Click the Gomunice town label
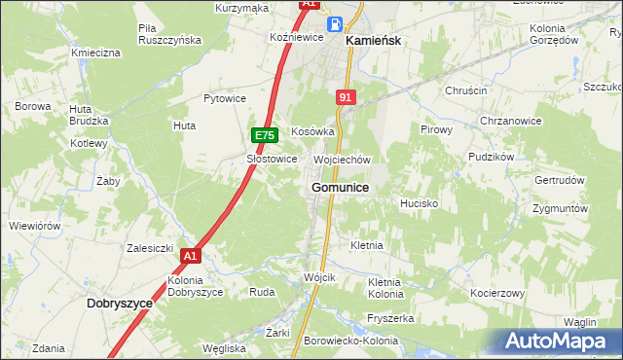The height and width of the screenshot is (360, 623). pyautogui.click(x=340, y=187)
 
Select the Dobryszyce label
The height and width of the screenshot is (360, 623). pyautogui.click(x=120, y=304)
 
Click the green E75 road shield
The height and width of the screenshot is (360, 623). pyautogui.click(x=265, y=135)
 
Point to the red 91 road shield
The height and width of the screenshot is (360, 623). pyautogui.click(x=347, y=97)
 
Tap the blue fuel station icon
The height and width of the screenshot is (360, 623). pyautogui.click(x=334, y=24)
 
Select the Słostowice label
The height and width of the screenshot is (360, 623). pyautogui.click(x=272, y=159)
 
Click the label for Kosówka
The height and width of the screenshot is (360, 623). pyautogui.click(x=313, y=131)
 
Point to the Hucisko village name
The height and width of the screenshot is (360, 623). pyautogui.click(x=420, y=204)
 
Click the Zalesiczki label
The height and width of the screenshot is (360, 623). pyautogui.click(x=150, y=248)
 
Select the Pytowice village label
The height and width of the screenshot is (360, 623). pyautogui.click(x=225, y=99)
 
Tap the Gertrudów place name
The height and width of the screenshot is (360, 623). pyautogui.click(x=560, y=181)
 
